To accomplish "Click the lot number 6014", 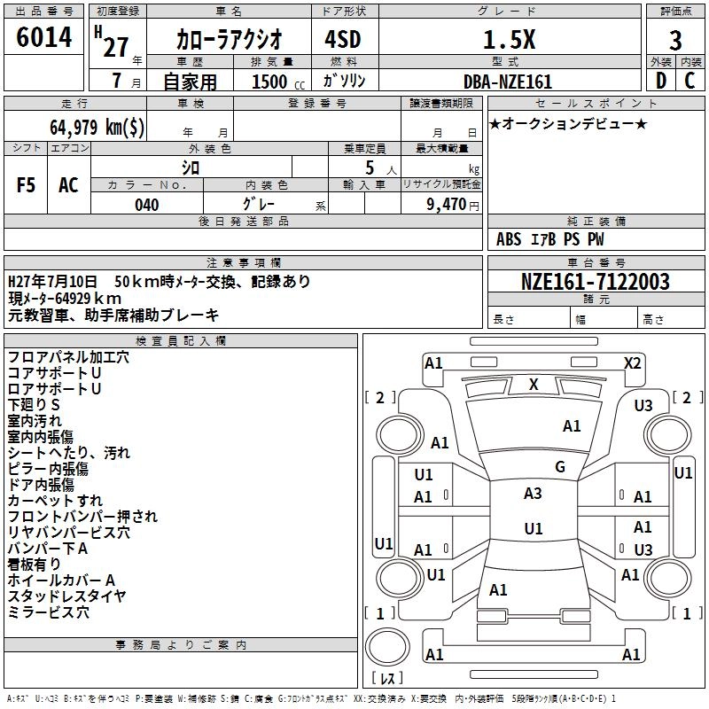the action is point(43,38).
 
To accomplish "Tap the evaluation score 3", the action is point(675,41).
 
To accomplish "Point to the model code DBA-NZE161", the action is point(508,82).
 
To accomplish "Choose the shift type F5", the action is point(27,185).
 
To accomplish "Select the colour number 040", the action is point(147,206).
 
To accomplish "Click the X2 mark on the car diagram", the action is point(632,362).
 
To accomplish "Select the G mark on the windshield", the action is point(559,466).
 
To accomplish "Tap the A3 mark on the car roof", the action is point(533,494).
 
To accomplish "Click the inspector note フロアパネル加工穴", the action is point(68,357).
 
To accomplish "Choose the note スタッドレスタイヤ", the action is point(66,596).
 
